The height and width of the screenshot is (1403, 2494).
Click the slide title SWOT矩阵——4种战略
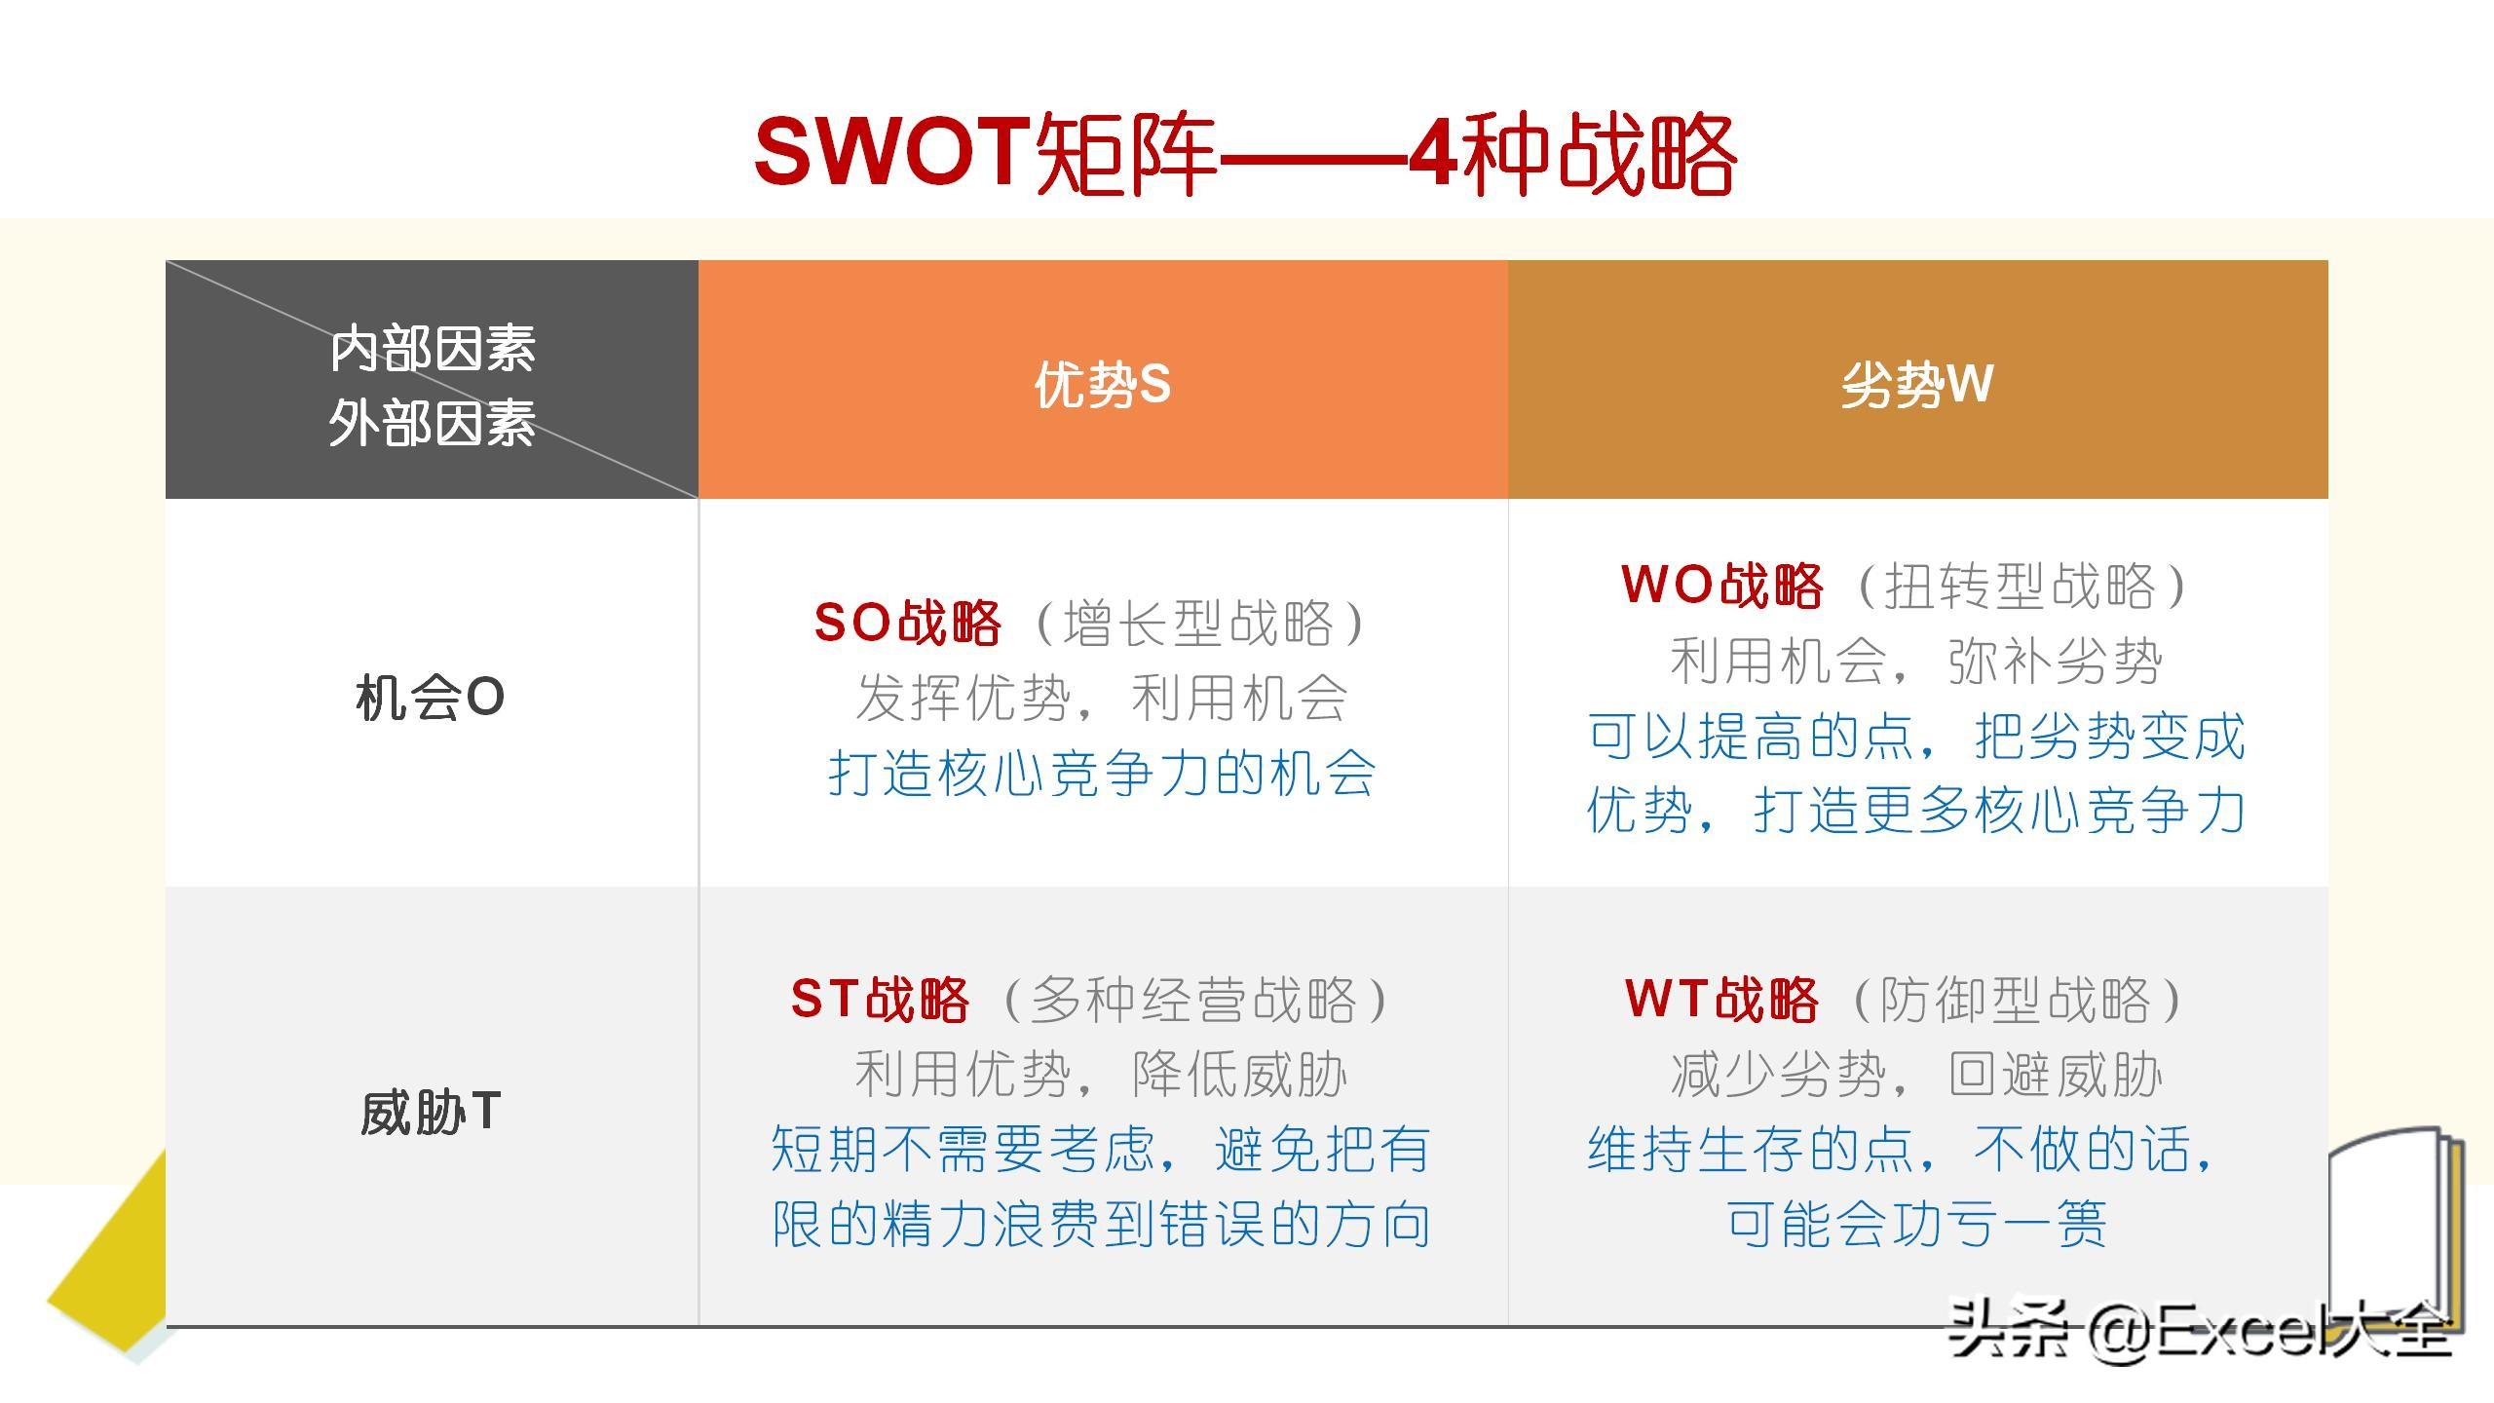coord(1245,153)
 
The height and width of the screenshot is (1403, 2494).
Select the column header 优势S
coord(1103,384)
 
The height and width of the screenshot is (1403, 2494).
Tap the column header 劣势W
coord(1917,384)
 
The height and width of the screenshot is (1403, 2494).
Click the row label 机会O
coord(430,698)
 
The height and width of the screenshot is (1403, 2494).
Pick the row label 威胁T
coord(430,1112)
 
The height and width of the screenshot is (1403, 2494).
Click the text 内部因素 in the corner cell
coord(433,349)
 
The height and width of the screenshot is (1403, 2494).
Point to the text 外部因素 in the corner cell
coord(433,424)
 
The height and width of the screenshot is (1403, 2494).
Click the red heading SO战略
coord(907,623)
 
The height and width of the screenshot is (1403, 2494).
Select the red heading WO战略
coord(1721,586)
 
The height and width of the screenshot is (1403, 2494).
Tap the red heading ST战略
coord(880,999)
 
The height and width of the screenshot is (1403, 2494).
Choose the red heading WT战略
coord(1721,999)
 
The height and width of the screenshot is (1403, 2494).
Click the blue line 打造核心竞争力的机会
coord(1102,774)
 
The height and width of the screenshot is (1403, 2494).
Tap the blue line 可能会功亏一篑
coord(1916,1224)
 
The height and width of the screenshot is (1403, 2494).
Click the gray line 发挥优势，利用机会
coord(1102,698)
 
